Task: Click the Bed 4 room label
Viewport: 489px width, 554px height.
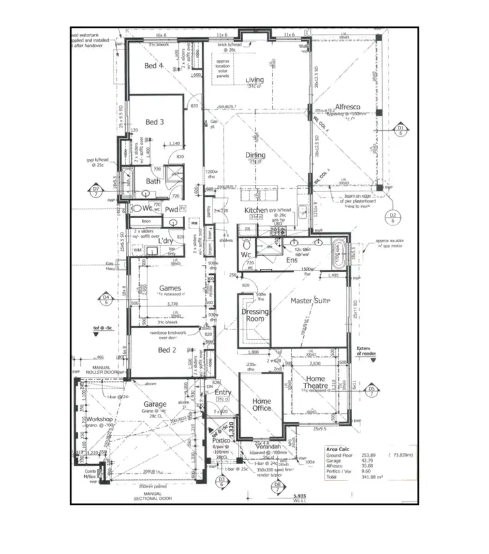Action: click(153, 66)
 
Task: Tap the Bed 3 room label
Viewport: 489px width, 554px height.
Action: click(155, 122)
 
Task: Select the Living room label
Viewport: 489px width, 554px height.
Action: click(254, 81)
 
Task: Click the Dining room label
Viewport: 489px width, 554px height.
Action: click(255, 156)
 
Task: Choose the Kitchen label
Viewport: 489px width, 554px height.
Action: click(256, 210)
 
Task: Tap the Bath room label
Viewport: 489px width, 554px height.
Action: click(153, 182)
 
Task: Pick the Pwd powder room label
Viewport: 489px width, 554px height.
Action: click(171, 210)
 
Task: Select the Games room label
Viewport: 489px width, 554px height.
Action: click(170, 288)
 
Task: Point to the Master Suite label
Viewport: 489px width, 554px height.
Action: click(310, 301)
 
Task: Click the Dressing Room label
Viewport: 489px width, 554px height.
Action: click(255, 316)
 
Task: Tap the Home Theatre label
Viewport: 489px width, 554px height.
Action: click(316, 383)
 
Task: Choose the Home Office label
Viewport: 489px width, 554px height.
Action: click(261, 404)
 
